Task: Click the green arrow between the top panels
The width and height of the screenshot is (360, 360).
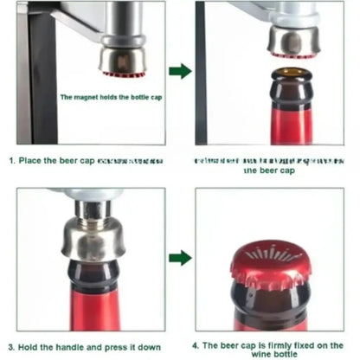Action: coord(179,71)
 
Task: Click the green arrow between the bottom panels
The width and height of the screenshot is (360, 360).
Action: coord(179,257)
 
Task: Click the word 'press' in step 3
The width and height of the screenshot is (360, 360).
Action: coord(112,347)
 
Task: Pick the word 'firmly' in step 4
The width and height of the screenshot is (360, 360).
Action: coord(273,344)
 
